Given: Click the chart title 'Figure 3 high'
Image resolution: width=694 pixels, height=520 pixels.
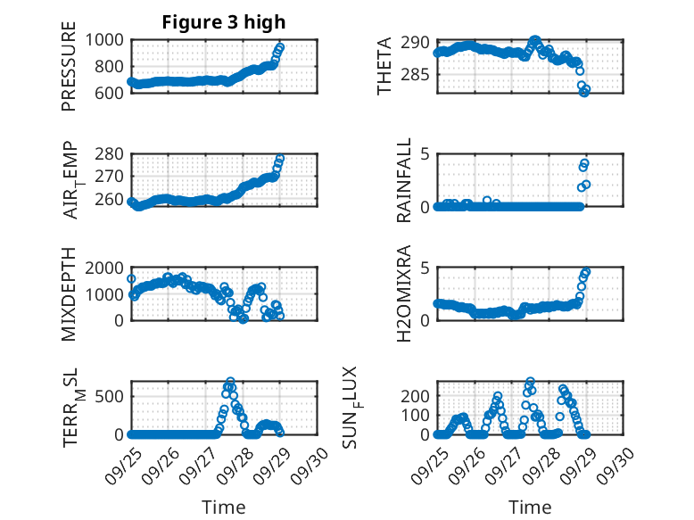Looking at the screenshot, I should click(223, 22).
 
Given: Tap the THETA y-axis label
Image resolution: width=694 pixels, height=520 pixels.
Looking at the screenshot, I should click(384, 66).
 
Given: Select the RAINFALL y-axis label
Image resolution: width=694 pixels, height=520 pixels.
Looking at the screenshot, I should click(404, 181).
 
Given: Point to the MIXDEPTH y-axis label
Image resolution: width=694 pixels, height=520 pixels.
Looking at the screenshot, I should click(69, 294).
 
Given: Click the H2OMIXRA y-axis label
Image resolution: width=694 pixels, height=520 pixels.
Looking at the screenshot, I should click(404, 294).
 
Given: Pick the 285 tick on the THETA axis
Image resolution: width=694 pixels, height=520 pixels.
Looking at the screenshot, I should click(419, 75).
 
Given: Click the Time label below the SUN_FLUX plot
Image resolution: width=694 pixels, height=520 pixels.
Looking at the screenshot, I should click(530, 508).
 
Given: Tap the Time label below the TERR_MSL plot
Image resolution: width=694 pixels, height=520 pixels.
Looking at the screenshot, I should click(224, 508).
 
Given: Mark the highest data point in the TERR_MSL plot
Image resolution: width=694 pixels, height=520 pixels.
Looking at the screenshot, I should click(231, 382).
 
